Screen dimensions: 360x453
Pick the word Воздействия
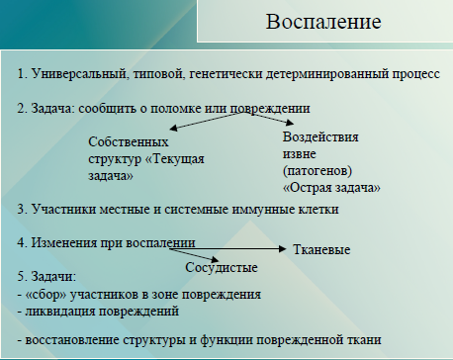click(x=320, y=137)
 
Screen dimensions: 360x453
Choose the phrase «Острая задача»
click(x=331, y=186)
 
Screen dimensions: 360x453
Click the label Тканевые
click(x=322, y=251)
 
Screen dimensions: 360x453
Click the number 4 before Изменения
click(x=22, y=241)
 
